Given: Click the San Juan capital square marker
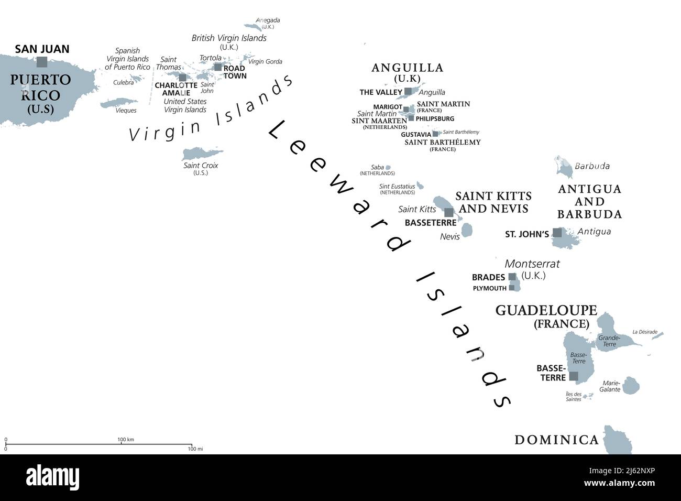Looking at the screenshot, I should (41, 62).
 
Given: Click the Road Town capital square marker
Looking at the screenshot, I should (218, 67).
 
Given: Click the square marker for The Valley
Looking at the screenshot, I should (408, 92).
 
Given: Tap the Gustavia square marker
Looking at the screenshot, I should (435, 134).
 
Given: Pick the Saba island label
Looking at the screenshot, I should (377, 167).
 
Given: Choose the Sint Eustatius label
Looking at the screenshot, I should (397, 186).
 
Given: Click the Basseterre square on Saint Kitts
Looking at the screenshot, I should (449, 212).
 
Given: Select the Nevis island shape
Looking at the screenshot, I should (467, 229).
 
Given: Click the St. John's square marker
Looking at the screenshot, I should (557, 233).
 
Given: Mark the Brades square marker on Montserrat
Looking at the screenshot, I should (512, 277).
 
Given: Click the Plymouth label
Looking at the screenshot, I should (489, 288).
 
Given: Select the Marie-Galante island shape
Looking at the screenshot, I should (630, 385).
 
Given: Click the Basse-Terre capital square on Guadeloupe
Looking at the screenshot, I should (574, 376).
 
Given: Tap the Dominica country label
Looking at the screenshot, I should (556, 440).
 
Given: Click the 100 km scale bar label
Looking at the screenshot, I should (125, 439).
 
